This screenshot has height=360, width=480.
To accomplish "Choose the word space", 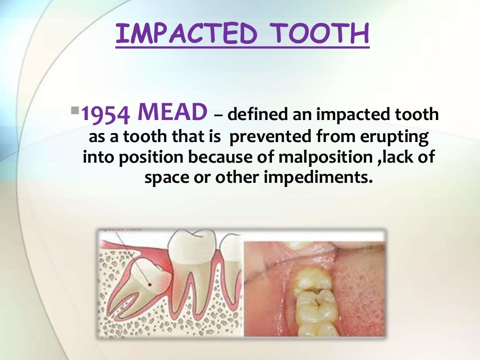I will [165, 178].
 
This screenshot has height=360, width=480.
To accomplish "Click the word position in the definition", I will [147, 157].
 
